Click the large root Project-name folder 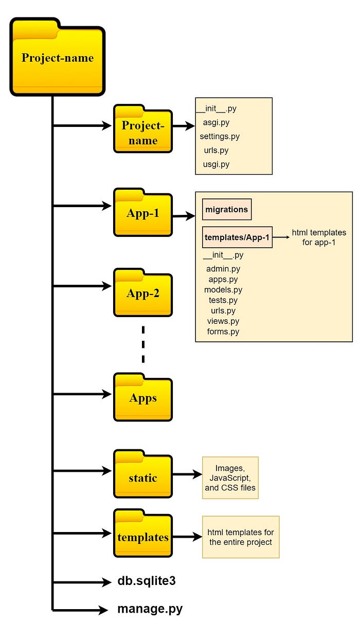[x=57, y=58]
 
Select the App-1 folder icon [x=142, y=213]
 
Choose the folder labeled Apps [x=142, y=398]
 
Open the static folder [x=142, y=477]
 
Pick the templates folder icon [x=142, y=537]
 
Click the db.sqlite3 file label [x=147, y=581]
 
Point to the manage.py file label [x=150, y=610]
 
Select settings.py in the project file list [x=220, y=137]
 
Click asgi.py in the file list [x=216, y=123]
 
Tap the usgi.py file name [x=216, y=164]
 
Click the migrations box [x=226, y=210]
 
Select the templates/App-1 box [x=237, y=237]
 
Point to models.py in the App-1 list [x=223, y=290]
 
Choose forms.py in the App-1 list [x=223, y=332]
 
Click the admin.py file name [x=223, y=269]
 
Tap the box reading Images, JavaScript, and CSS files [x=230, y=478]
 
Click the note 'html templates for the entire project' [x=240, y=537]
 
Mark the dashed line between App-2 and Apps [x=143, y=344]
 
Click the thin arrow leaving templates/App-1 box [x=280, y=237]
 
